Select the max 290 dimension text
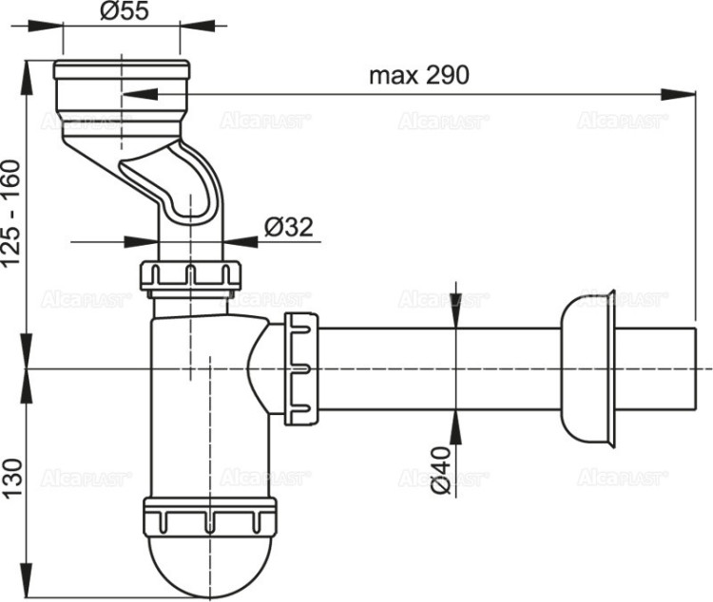[x=419, y=76]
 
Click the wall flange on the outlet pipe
[x=587, y=367]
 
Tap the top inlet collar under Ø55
[x=121, y=88]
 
